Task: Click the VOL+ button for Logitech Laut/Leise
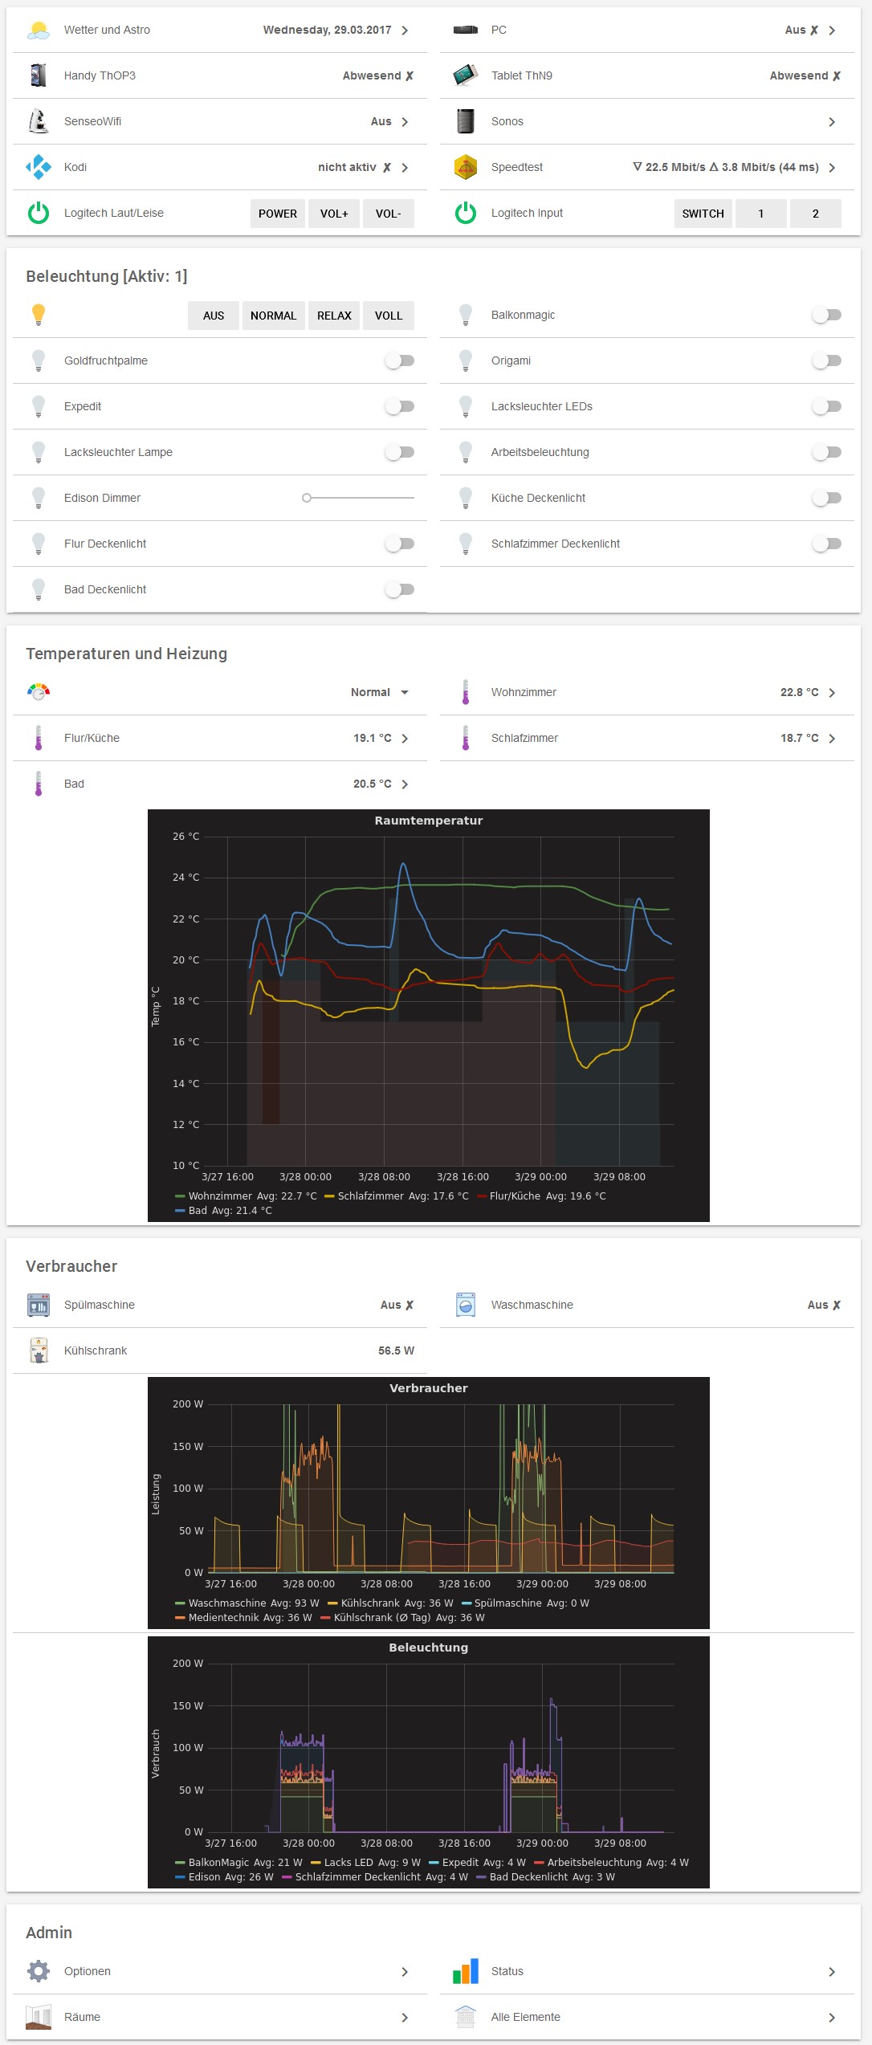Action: [334, 214]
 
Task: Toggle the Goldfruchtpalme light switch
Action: [400, 361]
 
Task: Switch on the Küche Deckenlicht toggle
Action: [826, 498]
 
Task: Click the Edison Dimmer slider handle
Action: [307, 498]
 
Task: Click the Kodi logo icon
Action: [39, 167]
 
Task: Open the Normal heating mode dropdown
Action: [380, 692]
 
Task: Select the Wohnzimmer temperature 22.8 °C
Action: [799, 692]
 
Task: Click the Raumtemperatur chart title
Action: [428, 821]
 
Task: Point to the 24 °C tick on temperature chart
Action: [185, 878]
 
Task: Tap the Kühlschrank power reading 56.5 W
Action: [396, 1350]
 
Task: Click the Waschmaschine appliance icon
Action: [466, 1305]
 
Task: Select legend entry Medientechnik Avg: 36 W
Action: [244, 1618]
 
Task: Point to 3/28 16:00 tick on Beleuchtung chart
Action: [464, 1843]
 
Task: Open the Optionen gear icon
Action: [39, 1971]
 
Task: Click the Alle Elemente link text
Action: [525, 2017]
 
